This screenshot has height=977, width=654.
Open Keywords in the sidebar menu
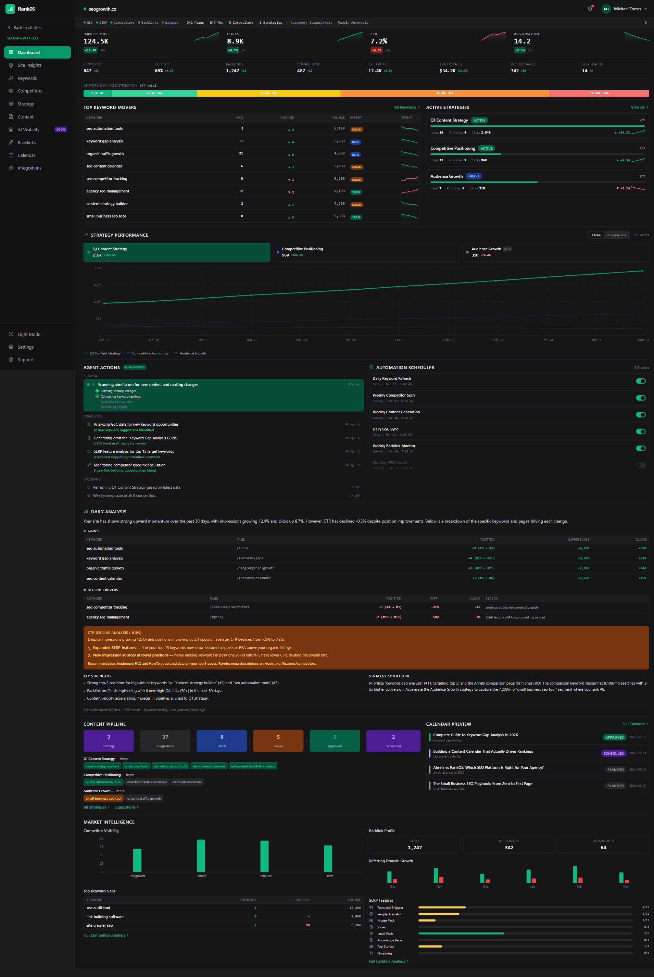coord(27,78)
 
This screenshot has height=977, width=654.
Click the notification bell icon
coord(590,9)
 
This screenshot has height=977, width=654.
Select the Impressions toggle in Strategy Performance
coord(616,235)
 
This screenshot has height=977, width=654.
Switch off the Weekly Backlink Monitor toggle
coord(640,449)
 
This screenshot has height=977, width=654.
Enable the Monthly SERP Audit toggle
coord(640,465)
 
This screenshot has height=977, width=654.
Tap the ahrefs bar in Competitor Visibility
coord(201,856)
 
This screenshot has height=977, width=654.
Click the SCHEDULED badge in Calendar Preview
coord(613,753)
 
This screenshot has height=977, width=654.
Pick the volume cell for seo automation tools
coord(339,128)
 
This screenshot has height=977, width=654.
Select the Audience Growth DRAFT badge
coord(474,176)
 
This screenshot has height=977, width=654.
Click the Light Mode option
coord(29,335)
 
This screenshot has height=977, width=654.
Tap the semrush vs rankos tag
coord(187,782)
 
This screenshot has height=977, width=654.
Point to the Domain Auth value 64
coord(603,848)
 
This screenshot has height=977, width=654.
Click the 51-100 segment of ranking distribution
coord(599,93)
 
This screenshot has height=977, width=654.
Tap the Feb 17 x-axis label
coord(498,340)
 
